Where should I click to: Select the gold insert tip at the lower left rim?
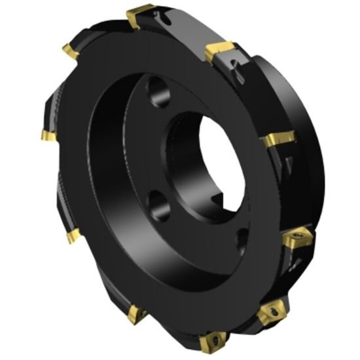pyautogui.click(x=73, y=234)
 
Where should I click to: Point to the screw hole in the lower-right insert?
pyautogui.click(x=298, y=237)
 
